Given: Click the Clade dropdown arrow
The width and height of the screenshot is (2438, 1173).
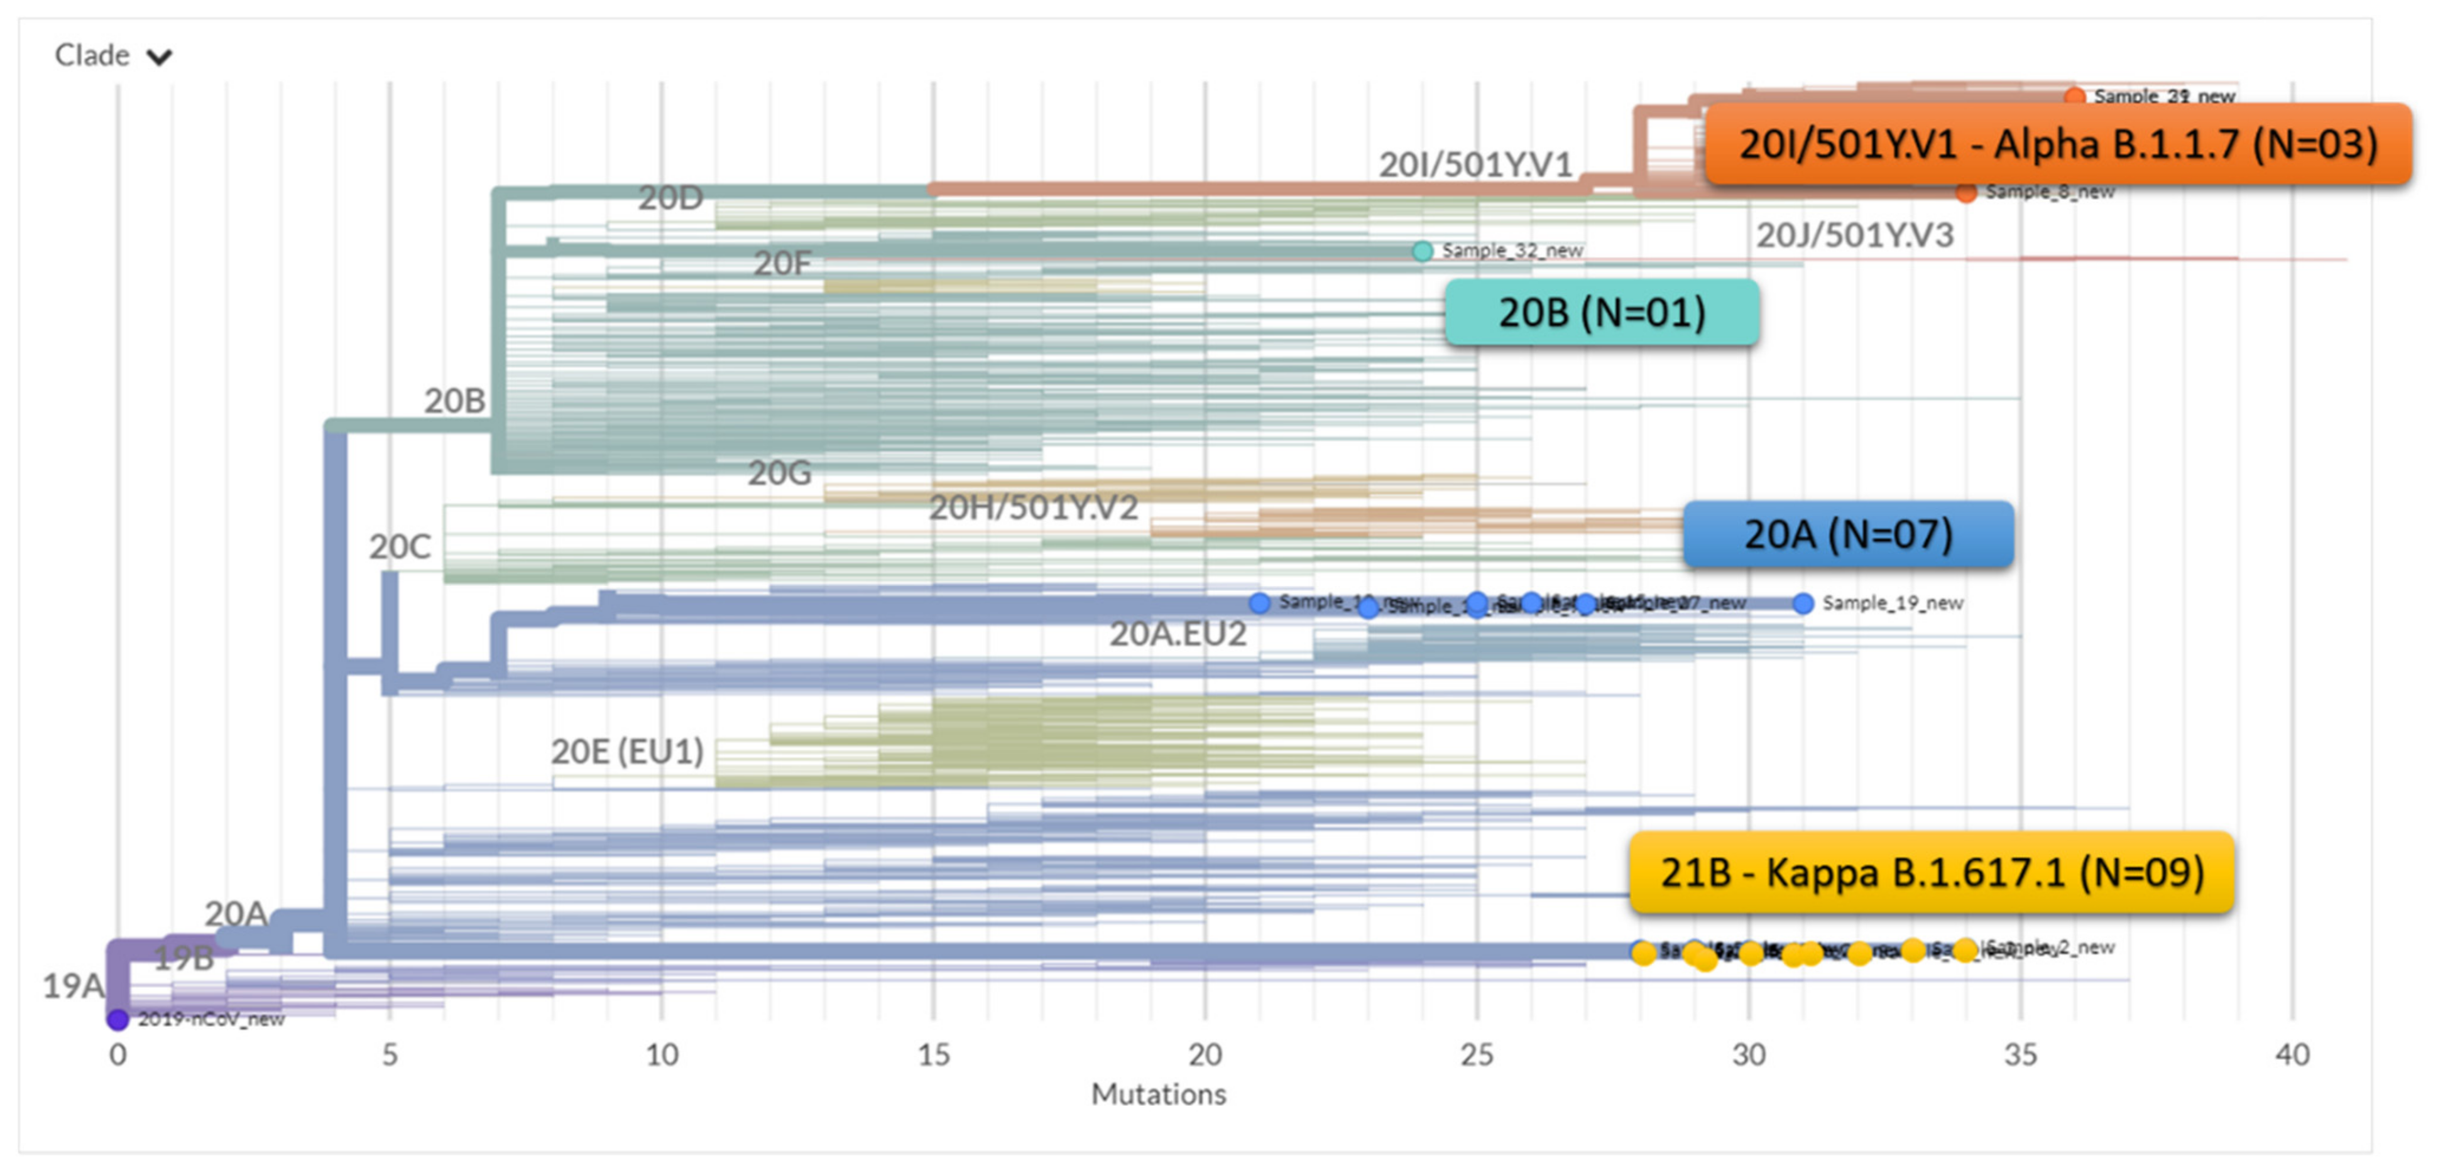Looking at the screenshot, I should [159, 57].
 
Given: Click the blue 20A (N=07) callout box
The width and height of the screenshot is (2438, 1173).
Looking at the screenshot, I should [1847, 534].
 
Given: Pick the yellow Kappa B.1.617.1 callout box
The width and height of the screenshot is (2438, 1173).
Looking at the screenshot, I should [1931, 872].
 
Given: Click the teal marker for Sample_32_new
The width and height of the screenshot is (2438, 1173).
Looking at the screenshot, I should [1421, 251].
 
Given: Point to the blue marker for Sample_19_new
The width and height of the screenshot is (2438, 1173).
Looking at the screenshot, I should [1803, 603].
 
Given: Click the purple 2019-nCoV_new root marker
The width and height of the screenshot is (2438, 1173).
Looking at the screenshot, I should [118, 1019].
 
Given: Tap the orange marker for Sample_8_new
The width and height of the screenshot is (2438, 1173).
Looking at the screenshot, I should [1965, 193].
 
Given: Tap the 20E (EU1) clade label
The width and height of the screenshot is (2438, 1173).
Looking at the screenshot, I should [628, 751].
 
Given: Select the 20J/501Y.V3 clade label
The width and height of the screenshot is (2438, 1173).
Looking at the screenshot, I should [1854, 235].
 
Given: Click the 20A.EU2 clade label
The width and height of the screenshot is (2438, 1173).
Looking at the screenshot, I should [1178, 634].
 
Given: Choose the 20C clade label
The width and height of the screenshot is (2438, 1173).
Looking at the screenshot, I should [400, 547].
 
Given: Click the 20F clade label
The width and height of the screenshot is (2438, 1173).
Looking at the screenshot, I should [782, 263].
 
